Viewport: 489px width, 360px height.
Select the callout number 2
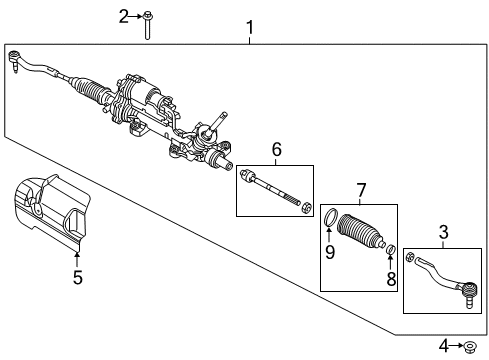(x=124, y=15)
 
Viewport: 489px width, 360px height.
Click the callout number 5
(x=77, y=279)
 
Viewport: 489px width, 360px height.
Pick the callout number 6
(x=276, y=152)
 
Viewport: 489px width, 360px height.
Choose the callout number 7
(x=362, y=190)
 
